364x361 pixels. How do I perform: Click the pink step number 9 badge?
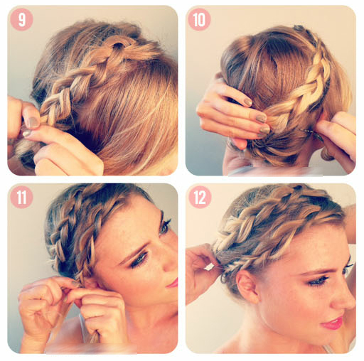click(21, 20)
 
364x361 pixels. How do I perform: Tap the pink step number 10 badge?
click(199, 20)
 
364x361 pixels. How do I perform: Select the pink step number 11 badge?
click(21, 198)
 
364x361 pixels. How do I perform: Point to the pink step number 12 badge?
click(200, 198)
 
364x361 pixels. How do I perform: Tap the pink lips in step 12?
click(332, 323)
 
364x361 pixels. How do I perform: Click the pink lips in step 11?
click(173, 282)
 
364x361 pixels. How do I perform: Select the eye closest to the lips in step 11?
click(139, 259)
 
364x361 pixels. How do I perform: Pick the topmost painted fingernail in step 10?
click(248, 102)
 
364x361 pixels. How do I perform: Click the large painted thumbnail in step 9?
click(33, 122)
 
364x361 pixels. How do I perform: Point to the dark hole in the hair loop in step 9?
click(117, 45)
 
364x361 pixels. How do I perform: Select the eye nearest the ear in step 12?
click(318, 281)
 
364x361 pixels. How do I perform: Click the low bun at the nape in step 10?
click(272, 148)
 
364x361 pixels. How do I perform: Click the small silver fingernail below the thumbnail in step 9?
click(26, 134)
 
